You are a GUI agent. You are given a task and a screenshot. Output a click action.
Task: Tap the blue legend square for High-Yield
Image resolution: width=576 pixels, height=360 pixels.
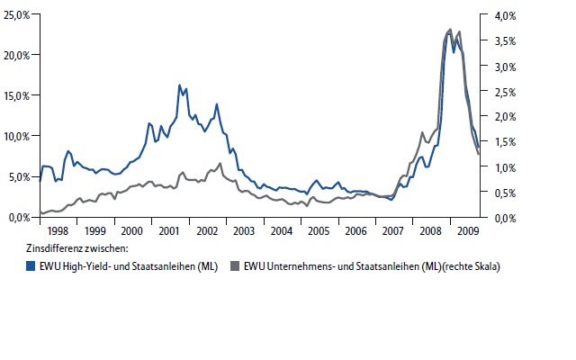tap(31, 266)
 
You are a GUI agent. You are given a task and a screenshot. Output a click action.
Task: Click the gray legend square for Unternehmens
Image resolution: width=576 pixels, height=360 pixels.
tap(237, 266)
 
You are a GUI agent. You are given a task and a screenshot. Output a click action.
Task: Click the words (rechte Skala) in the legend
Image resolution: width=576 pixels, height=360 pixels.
tap(468, 266)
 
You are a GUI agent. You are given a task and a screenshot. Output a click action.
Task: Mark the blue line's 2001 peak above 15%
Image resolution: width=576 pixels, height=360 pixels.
tap(180, 85)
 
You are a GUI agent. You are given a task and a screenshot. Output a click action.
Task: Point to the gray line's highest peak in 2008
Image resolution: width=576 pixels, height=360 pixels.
tap(450, 30)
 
